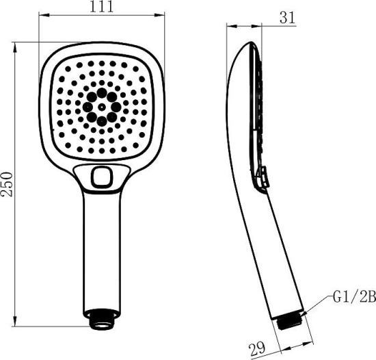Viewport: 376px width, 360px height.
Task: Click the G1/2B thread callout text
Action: click(355, 296)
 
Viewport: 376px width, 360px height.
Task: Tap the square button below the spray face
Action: click(103, 178)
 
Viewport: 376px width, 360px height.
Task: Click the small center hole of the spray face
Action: click(102, 107)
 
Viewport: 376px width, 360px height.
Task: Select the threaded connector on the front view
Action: click(102, 319)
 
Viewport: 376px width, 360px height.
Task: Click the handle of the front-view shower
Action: click(102, 253)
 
